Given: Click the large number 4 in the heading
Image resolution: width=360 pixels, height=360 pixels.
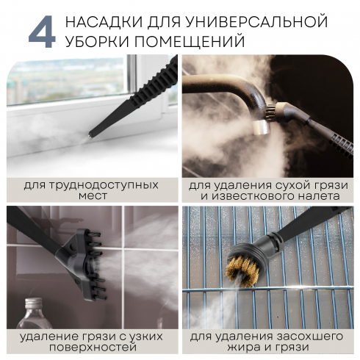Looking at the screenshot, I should pos(40,30).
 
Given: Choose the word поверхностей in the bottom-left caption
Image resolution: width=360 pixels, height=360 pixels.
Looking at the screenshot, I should pos(90,348).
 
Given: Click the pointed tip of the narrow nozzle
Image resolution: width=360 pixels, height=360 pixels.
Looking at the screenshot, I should pos(91,134).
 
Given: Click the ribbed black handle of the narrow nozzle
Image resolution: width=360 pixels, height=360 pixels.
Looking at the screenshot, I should pos(140,95).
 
